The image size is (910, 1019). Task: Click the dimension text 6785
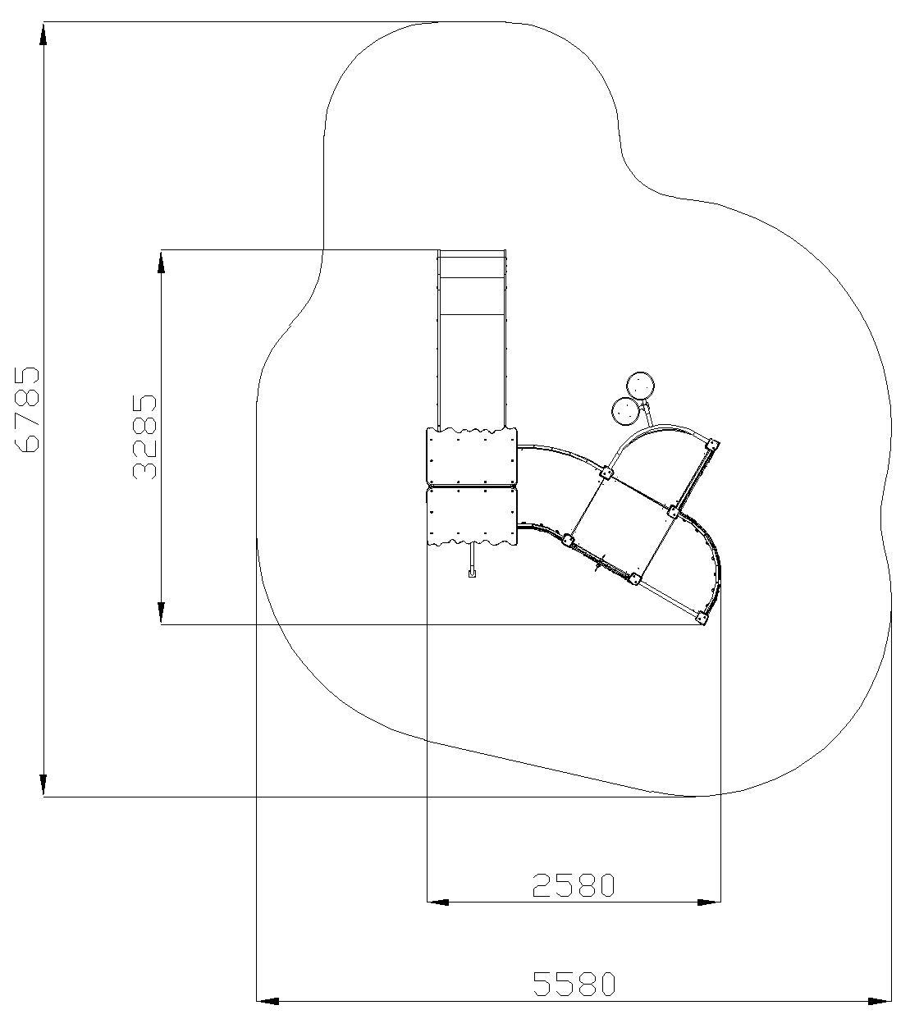coord(26,409)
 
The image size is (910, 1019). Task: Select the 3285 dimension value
coord(144,436)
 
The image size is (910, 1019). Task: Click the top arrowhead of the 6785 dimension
coord(43,34)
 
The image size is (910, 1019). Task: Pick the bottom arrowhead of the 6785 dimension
coord(43,784)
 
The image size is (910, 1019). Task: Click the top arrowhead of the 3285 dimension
coord(161,262)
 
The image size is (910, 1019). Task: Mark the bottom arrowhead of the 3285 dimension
coord(161,613)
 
